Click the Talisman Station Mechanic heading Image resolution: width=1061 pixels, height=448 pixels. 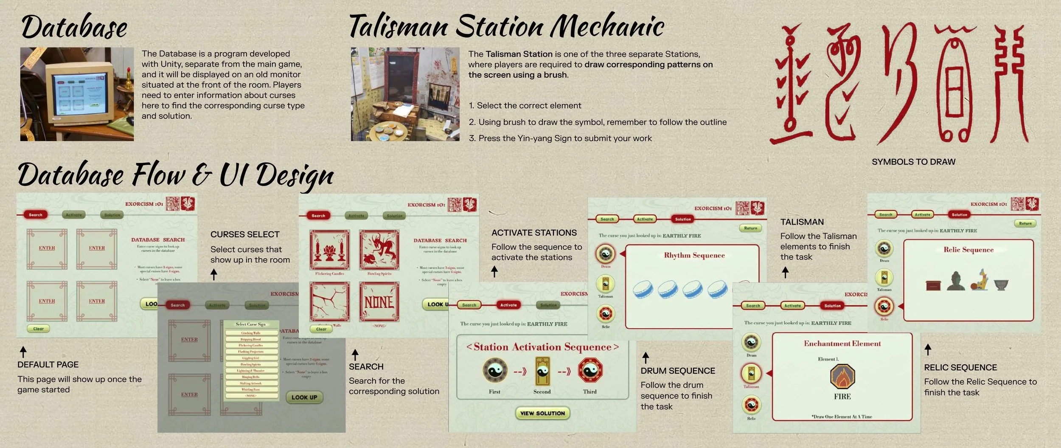pos(506,26)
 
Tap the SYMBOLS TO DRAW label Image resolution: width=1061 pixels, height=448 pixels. pos(913,162)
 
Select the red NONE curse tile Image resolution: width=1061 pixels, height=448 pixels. pos(379,302)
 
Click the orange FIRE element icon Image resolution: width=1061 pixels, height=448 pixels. pos(842,376)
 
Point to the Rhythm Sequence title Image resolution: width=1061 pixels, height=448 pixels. pos(694,255)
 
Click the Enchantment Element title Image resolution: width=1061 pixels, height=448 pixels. pos(842,344)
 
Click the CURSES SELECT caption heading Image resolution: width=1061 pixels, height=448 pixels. pos(245,234)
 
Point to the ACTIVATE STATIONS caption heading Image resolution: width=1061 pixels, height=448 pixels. pos(534,233)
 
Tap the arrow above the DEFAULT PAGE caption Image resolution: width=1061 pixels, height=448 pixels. pos(23,352)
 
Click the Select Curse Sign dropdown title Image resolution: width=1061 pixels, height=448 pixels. pos(250,324)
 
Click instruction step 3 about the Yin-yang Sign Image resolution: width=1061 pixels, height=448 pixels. pos(560,138)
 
